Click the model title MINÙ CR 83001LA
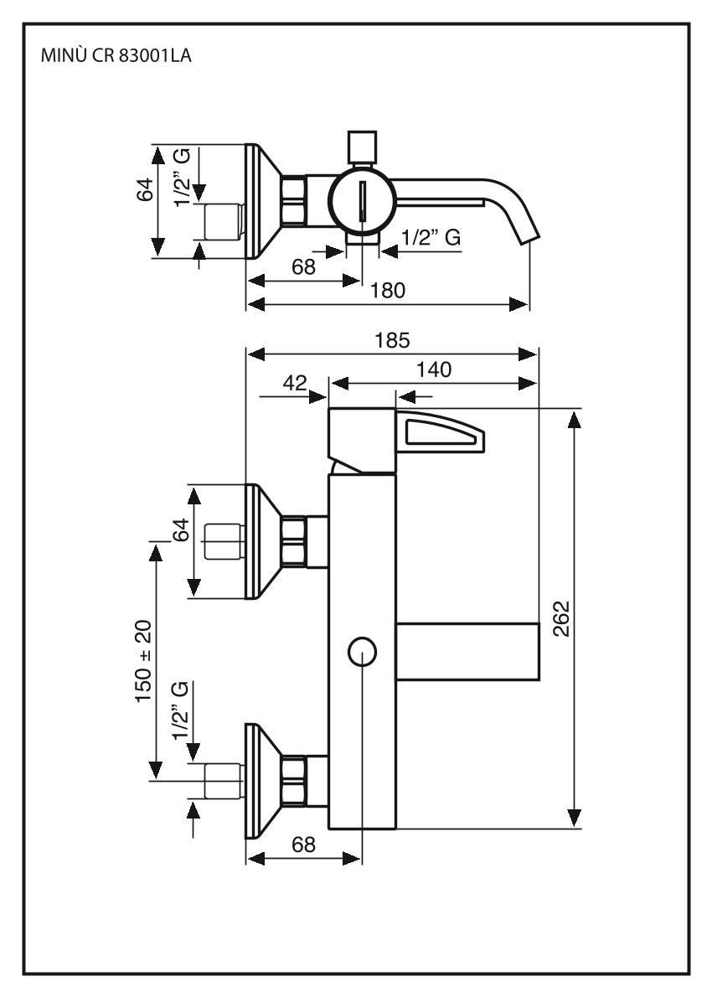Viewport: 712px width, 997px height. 116,56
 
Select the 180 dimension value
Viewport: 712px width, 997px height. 387,291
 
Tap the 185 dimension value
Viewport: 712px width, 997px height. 392,340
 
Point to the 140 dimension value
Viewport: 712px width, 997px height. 434,369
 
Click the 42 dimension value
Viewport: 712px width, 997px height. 294,383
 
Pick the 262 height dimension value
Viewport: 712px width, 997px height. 562,618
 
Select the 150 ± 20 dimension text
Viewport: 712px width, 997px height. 144,661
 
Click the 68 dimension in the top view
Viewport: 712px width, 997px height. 303,267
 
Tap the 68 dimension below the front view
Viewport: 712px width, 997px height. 303,845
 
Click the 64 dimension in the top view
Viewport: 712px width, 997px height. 146,189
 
